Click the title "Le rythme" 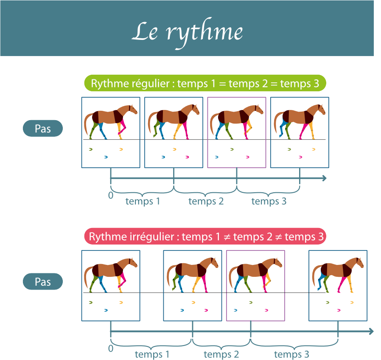187,32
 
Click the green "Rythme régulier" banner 205,84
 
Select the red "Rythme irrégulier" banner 205,237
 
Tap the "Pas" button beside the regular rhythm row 43,129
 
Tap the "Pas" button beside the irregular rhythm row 43,282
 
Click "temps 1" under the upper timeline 143,201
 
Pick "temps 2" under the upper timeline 206,201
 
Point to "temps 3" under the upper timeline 269,201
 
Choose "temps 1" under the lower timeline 152,354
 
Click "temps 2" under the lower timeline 221,354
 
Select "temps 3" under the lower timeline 292,354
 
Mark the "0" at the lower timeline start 111,349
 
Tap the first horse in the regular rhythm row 111,121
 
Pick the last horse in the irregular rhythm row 338,274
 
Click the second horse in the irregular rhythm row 193,274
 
